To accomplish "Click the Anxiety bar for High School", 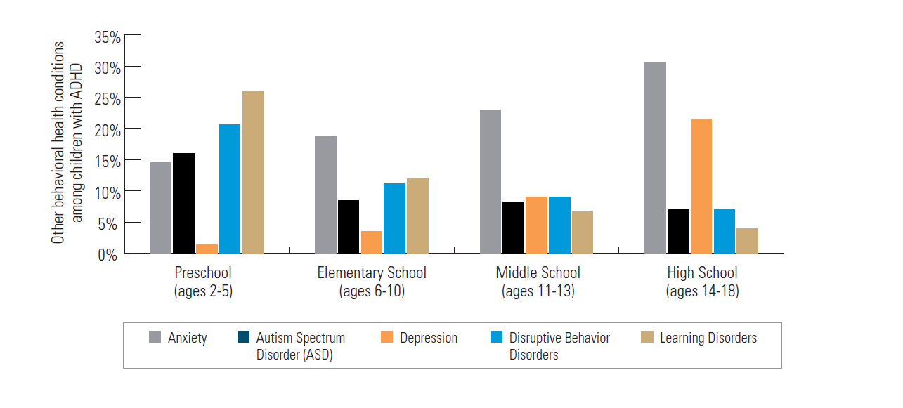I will point(655,157).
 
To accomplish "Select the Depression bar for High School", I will point(701,186).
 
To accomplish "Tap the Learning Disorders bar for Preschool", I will point(253,172).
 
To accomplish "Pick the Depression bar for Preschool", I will point(207,249).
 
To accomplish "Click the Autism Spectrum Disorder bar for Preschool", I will point(183,203).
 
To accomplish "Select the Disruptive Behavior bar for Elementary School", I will point(394,218).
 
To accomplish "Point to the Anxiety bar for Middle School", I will point(491,181).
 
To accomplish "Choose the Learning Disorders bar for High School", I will point(748,240).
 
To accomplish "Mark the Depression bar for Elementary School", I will point(371,242).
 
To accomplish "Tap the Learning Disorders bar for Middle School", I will point(583,232).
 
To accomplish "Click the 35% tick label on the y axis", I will point(107,37).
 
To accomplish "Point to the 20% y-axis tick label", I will point(107,130).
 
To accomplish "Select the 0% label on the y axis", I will point(110,254).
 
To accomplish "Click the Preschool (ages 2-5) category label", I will point(203,282).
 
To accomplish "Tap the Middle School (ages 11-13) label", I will point(538,282).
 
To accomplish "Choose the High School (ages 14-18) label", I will point(702,282).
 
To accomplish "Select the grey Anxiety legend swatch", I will point(155,338).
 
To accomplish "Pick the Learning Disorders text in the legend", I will point(708,338).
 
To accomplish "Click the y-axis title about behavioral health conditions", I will point(67,143).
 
